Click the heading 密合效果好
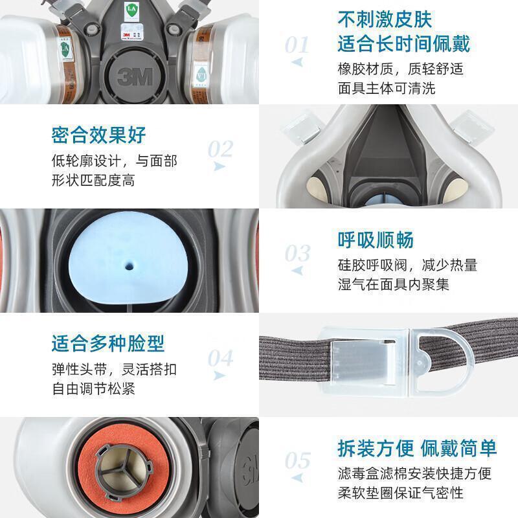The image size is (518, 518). point(98,135)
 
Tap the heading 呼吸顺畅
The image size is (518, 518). point(376,240)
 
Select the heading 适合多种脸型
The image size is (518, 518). point(107,344)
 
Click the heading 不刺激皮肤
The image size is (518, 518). point(385,19)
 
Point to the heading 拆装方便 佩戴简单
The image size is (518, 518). point(417,448)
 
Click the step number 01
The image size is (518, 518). point(297,45)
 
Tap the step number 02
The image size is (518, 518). point(220,149)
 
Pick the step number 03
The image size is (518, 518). point(297,253)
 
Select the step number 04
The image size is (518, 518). point(220,358)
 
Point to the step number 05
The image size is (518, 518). point(297,460)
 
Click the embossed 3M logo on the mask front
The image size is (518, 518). point(135,77)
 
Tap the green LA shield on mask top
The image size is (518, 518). point(131,10)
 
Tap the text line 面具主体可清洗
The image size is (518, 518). point(387,88)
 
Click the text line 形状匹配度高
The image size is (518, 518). point(93,181)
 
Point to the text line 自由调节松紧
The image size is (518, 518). point(93,388)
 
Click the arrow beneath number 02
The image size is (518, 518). point(219,166)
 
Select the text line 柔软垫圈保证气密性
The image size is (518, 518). point(400,493)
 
